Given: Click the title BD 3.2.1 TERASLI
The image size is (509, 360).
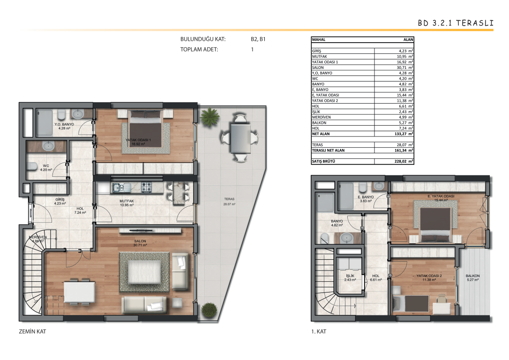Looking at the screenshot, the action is [x=456, y=23].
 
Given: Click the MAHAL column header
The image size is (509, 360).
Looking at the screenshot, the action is [x=319, y=39].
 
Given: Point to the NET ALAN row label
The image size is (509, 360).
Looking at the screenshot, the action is [x=321, y=134].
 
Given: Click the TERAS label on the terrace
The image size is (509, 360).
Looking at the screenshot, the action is [x=229, y=199].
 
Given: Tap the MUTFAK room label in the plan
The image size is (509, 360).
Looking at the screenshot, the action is [x=127, y=201].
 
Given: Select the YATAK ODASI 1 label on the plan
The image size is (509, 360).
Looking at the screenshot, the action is [x=138, y=140].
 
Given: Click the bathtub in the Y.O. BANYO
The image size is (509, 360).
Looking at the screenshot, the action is [x=45, y=123].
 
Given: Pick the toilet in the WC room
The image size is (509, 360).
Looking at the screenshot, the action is [x=32, y=166].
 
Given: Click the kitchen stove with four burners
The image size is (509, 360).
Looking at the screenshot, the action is [x=146, y=187].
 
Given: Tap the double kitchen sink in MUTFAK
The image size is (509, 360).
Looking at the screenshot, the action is [x=121, y=187].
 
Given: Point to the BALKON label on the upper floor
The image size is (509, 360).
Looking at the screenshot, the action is [x=472, y=276].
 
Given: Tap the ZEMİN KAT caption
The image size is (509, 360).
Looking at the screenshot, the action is [x=32, y=331].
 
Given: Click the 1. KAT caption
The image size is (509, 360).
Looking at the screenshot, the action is [x=318, y=331].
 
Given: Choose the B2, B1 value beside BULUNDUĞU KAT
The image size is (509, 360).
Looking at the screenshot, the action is [x=258, y=39].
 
